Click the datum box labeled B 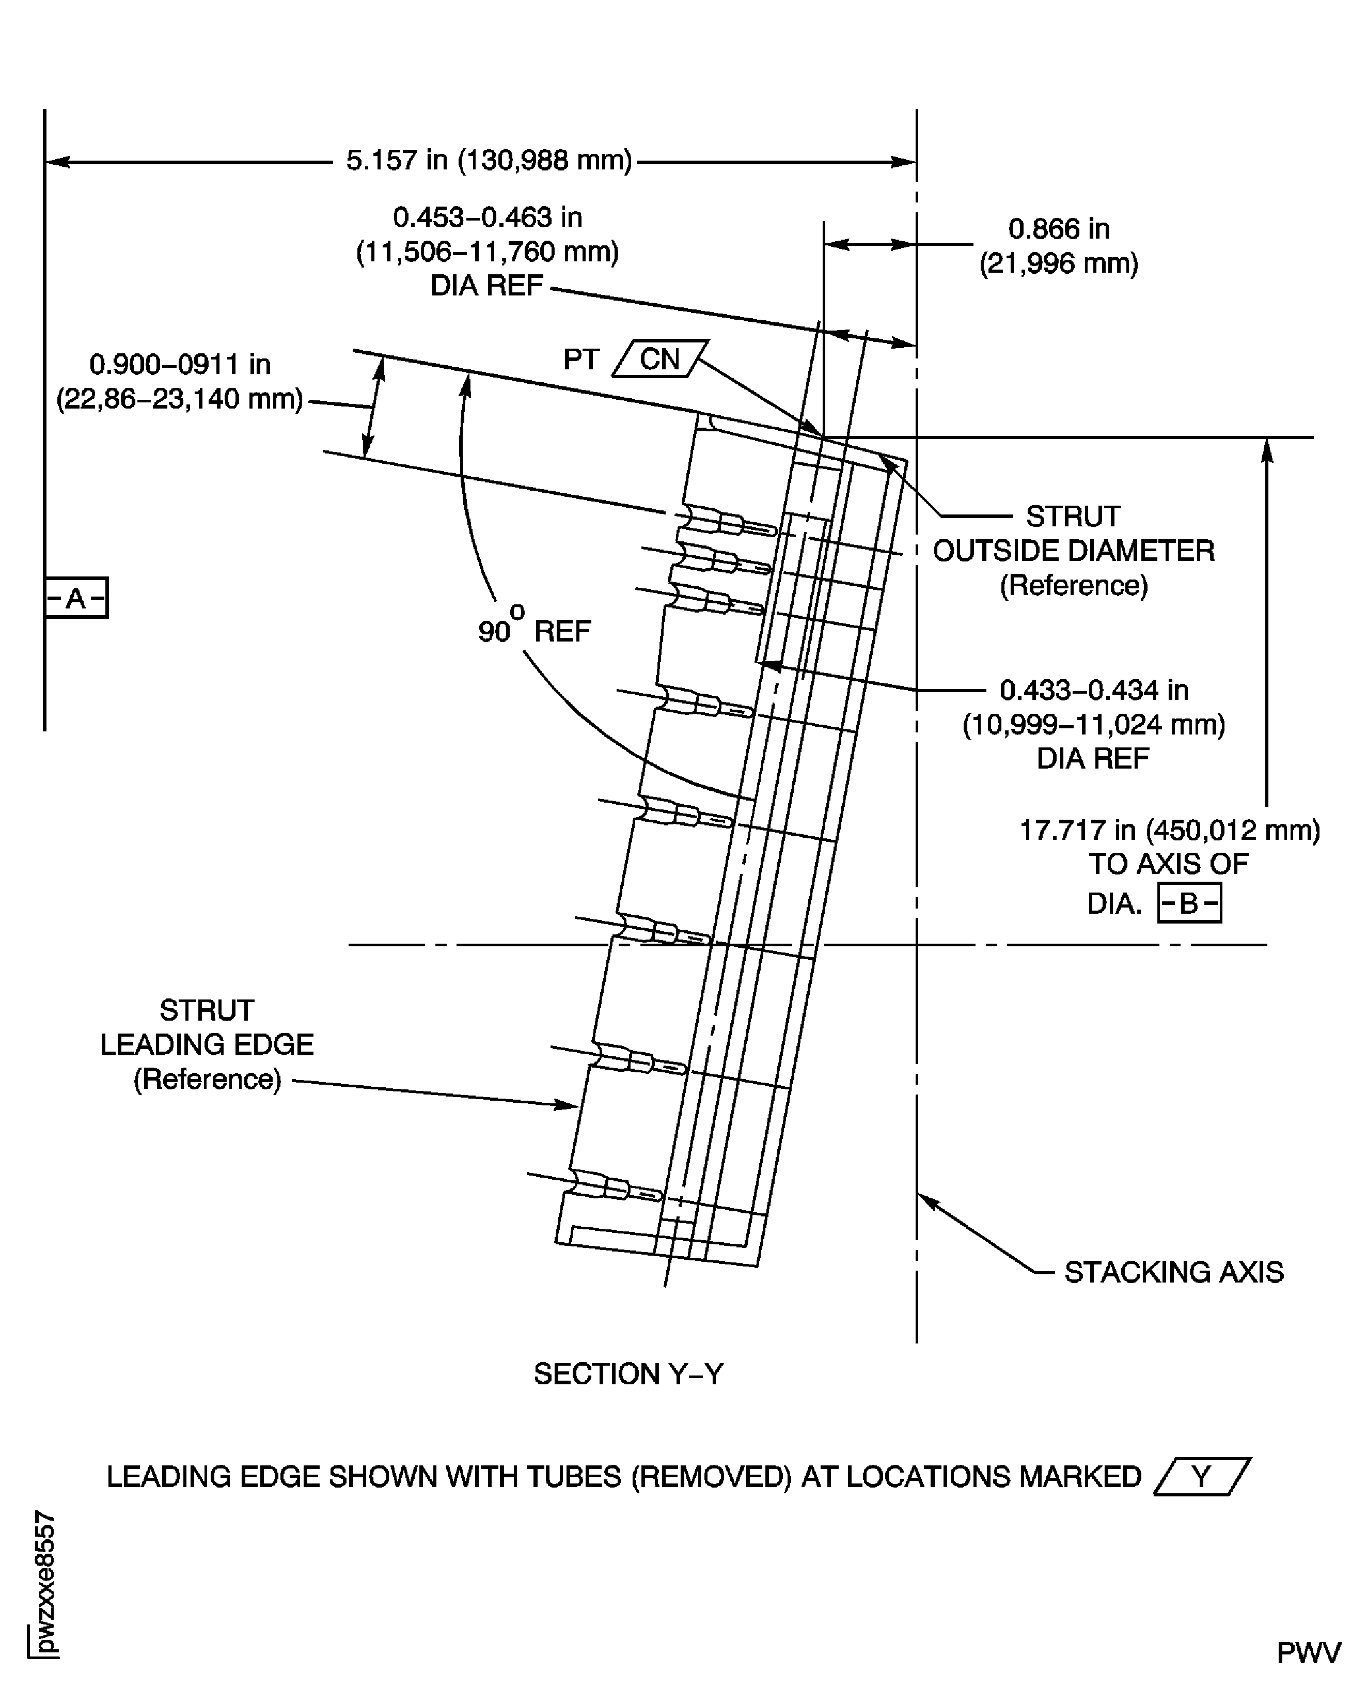click(1189, 903)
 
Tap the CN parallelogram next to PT click(660, 359)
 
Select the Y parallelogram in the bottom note click(1202, 1476)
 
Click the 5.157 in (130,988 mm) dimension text click(489, 161)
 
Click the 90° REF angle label click(534, 631)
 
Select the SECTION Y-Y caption click(627, 1374)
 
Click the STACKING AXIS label click(1173, 1272)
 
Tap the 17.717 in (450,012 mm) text click(1169, 830)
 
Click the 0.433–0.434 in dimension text click(1094, 690)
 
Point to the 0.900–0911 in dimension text click(180, 364)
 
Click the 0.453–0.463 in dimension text click(488, 216)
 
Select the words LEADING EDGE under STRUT click(207, 1044)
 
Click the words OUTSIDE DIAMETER click(1073, 551)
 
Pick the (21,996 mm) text click(1058, 263)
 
